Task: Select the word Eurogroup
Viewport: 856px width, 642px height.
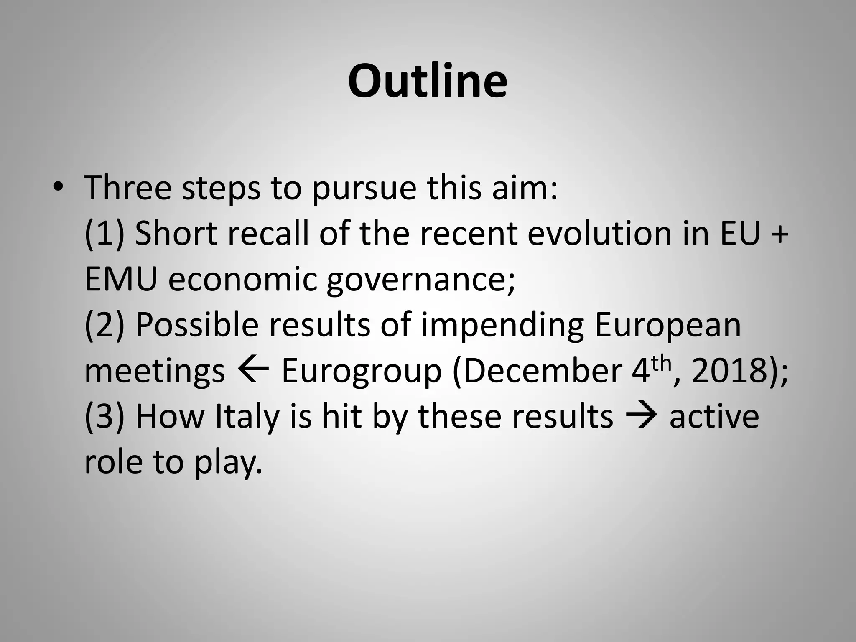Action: [361, 372]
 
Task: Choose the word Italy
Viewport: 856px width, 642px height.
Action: [247, 417]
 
